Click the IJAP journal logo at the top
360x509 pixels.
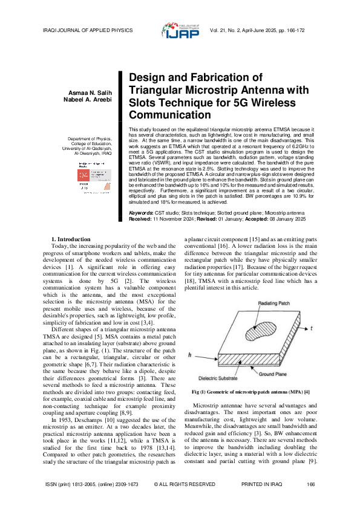pos(180,30)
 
